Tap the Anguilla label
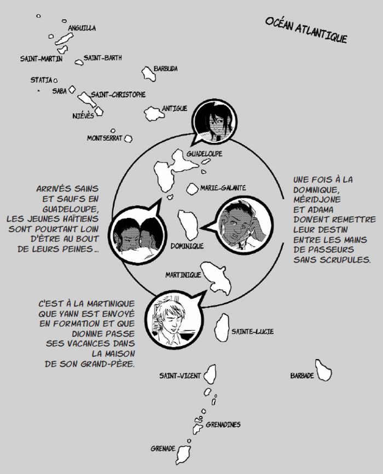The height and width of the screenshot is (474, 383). (82, 28)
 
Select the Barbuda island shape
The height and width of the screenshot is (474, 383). (148, 73)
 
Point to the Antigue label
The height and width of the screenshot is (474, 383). (175, 108)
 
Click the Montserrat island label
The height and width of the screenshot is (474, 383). (105, 138)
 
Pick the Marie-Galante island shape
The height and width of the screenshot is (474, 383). (192, 189)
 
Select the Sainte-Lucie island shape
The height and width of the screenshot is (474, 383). (222, 327)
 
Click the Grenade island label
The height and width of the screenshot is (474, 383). (163, 449)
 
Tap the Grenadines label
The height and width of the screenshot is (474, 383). (223, 424)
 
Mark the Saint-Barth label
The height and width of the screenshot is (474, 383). (103, 58)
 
